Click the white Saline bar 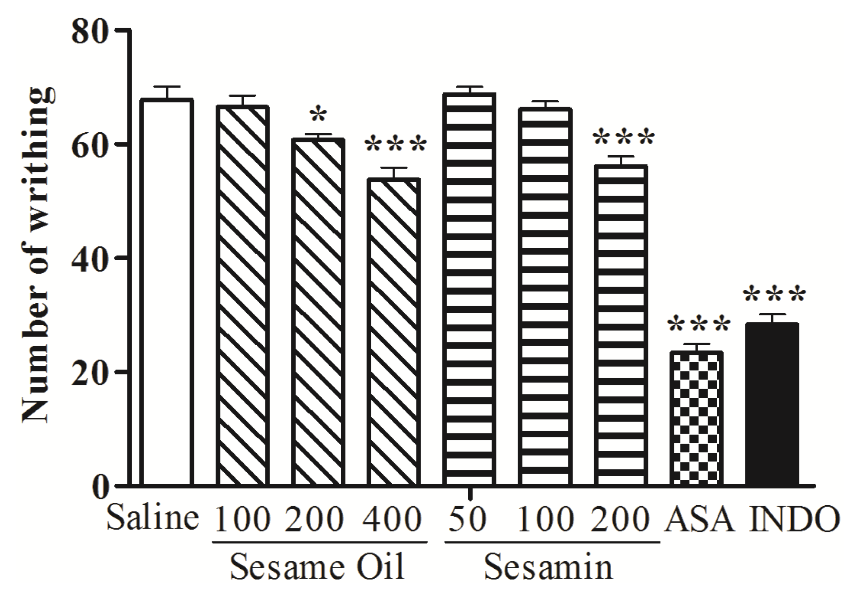point(167,291)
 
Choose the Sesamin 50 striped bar point(470,289)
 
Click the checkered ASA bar point(697,418)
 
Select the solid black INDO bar point(772,404)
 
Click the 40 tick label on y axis point(91,258)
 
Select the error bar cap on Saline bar point(167,87)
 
